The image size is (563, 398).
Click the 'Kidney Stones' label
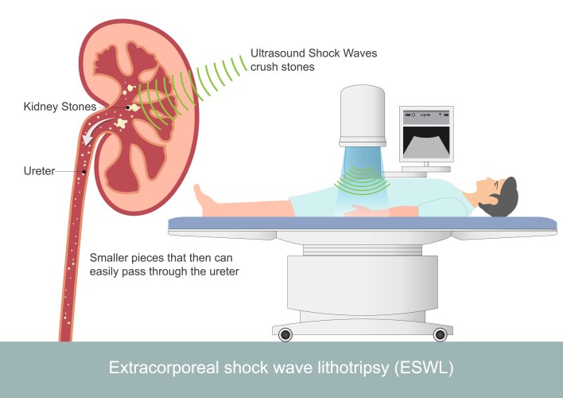point(60,106)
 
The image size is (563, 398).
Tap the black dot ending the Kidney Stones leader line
point(128,107)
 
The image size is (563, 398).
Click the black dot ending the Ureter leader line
point(83,170)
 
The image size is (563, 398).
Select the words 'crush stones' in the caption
point(283,67)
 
